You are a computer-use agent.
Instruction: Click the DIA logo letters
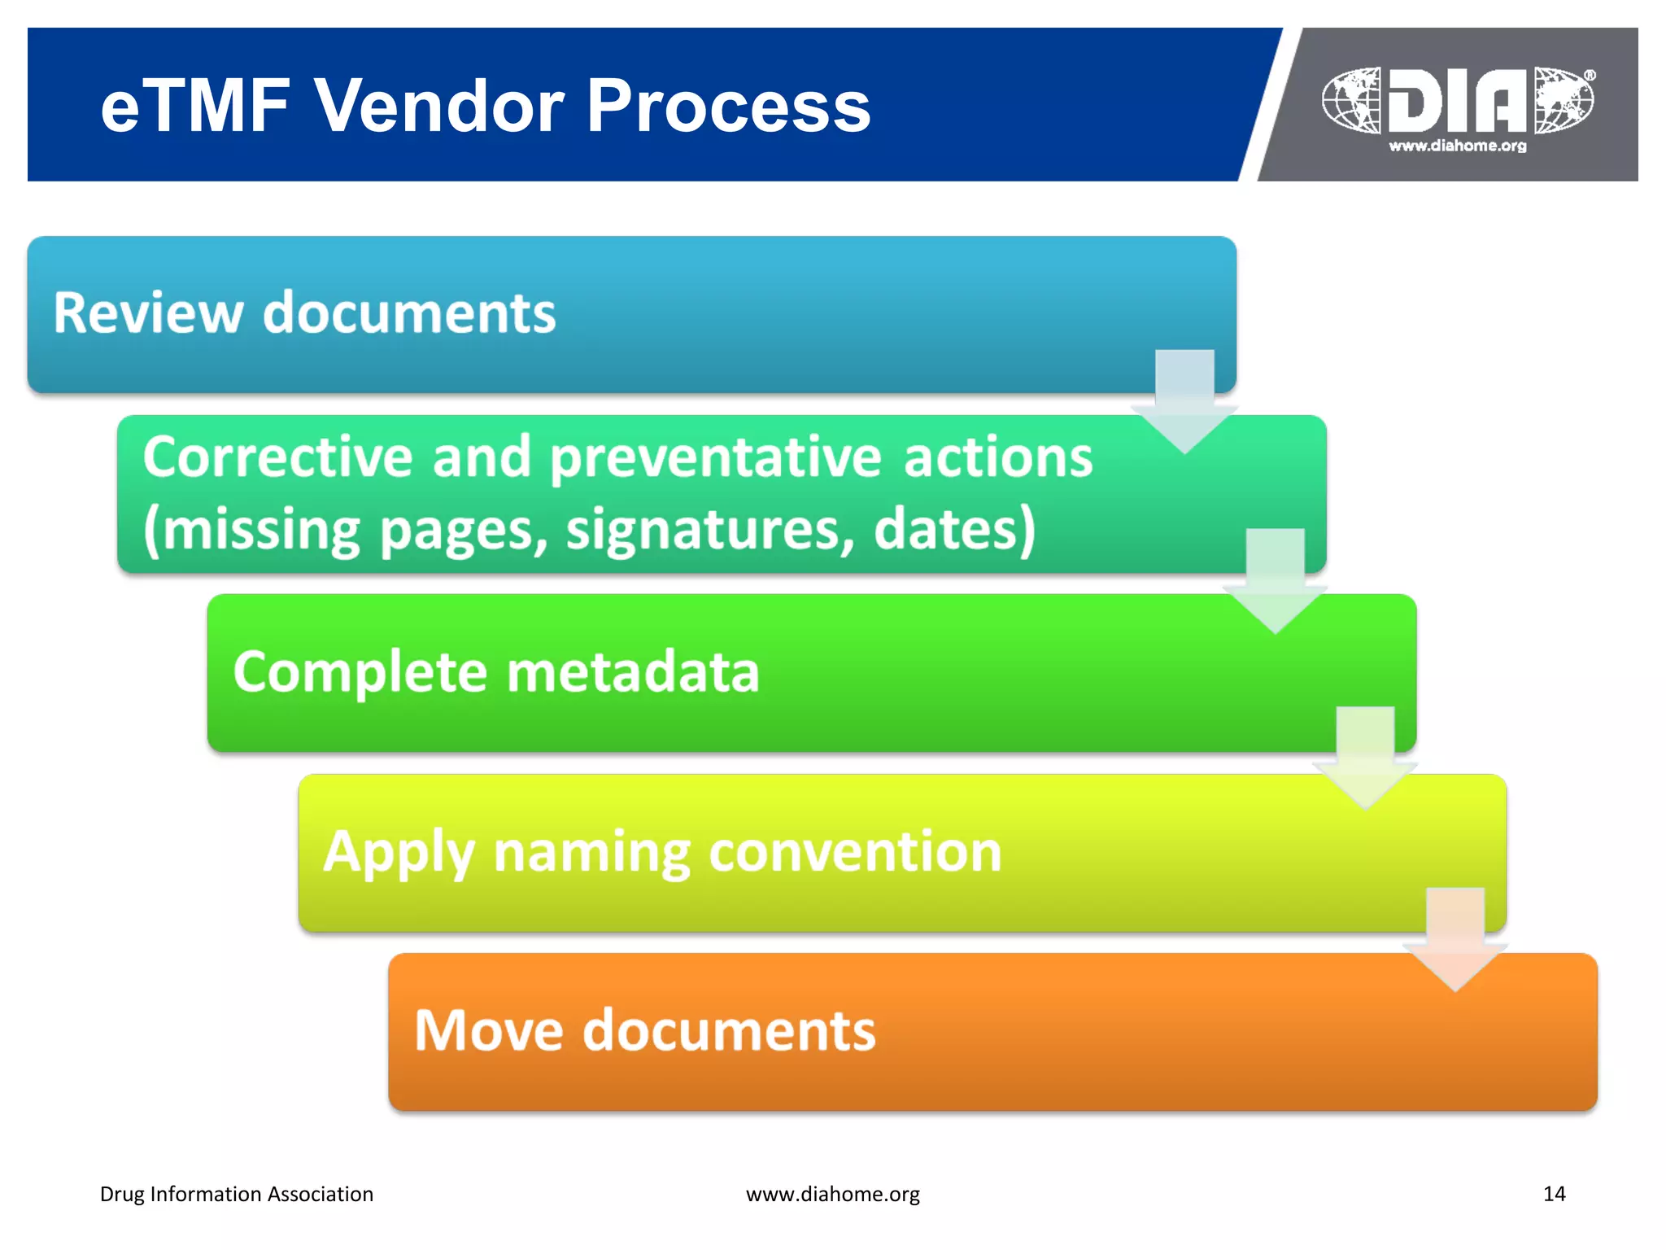tap(1458, 101)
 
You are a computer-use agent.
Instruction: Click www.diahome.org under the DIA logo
tap(1458, 146)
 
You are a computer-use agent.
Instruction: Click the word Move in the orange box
tap(489, 1031)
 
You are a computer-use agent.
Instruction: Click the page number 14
tap(1554, 1194)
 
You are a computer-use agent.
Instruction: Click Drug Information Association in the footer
tap(237, 1194)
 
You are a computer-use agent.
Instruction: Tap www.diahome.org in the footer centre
tap(833, 1194)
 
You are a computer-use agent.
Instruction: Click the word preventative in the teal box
tap(716, 457)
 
